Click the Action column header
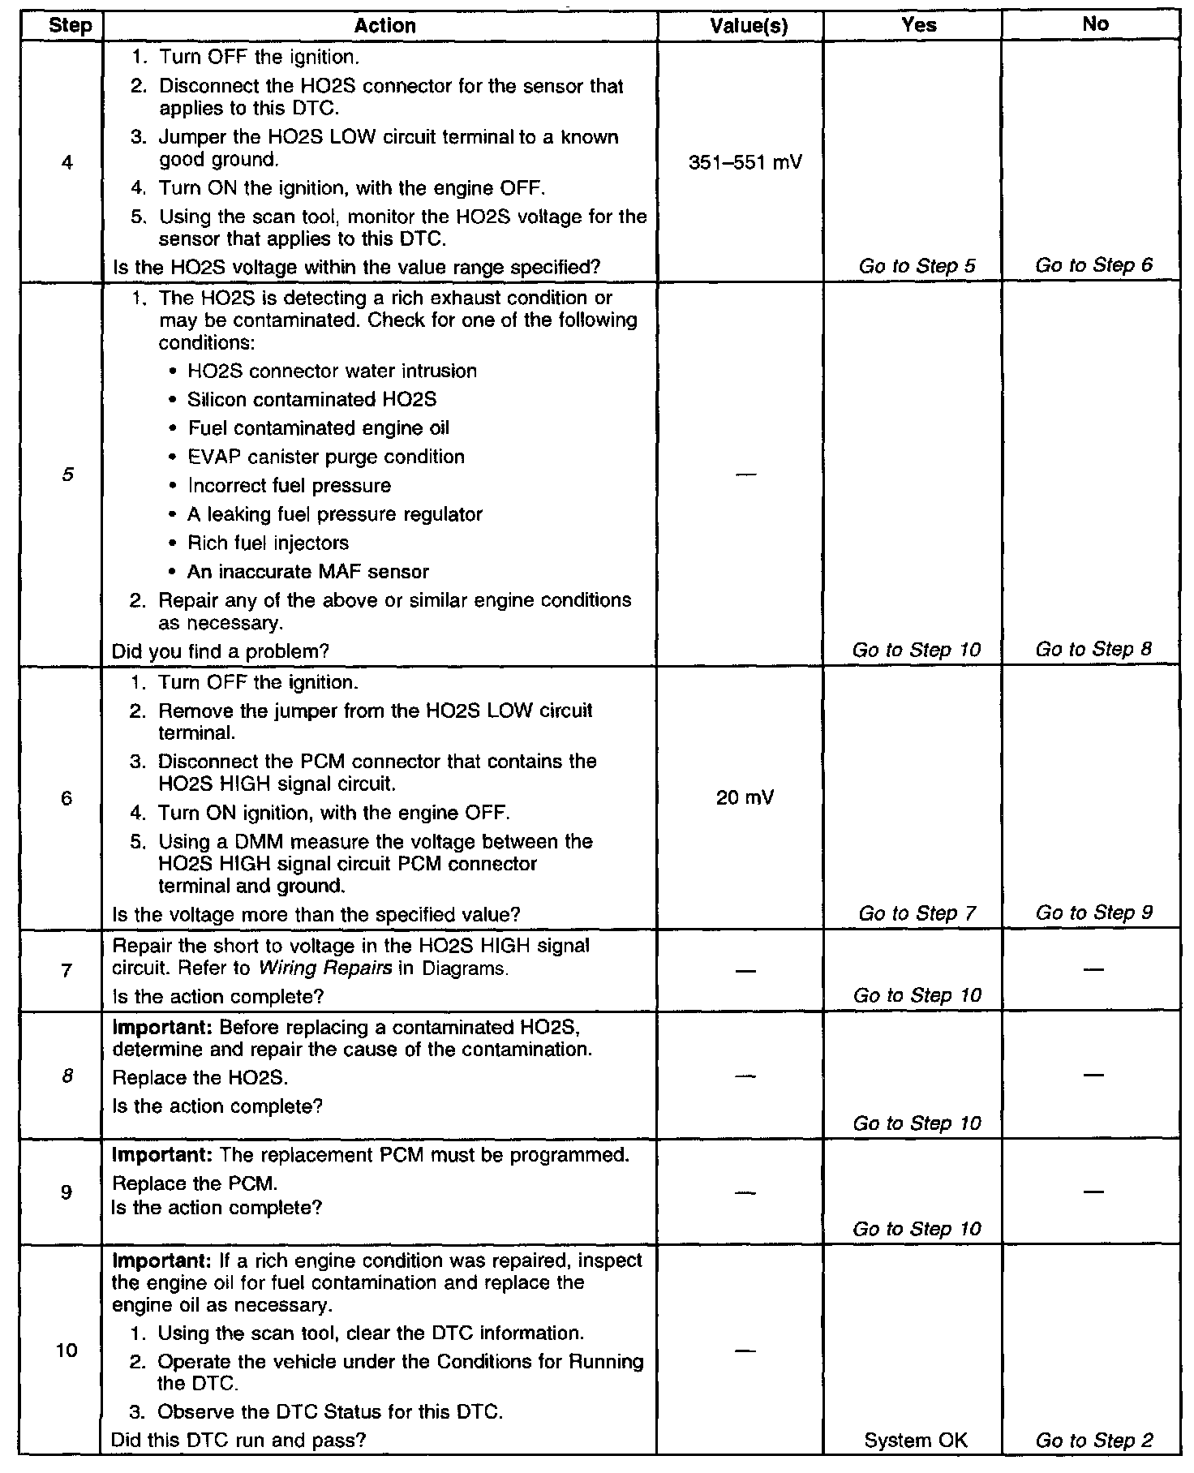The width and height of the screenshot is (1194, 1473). [x=384, y=26]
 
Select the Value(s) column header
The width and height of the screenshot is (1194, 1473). [x=748, y=26]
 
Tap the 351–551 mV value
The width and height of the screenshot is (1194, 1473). [x=745, y=163]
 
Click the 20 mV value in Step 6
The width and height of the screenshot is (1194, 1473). [x=745, y=798]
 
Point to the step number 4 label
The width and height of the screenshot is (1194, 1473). [x=67, y=163]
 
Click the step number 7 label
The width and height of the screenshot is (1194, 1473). [x=67, y=970]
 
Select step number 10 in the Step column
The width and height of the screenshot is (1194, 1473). [x=67, y=1350]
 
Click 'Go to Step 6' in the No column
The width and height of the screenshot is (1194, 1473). [x=1093, y=265]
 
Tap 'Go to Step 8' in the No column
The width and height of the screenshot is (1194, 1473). [x=1093, y=649]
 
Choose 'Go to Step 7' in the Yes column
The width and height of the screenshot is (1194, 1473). [x=917, y=913]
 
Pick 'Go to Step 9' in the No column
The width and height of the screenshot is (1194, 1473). [x=1093, y=913]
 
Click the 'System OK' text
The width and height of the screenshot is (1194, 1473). [x=916, y=1441]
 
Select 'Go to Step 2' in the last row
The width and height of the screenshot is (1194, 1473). [x=1093, y=1441]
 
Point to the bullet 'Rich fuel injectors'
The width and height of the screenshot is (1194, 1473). [x=268, y=543]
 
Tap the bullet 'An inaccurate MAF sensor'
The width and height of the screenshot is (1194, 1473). [x=307, y=572]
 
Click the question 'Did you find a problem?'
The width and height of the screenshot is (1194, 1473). [x=220, y=651]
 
